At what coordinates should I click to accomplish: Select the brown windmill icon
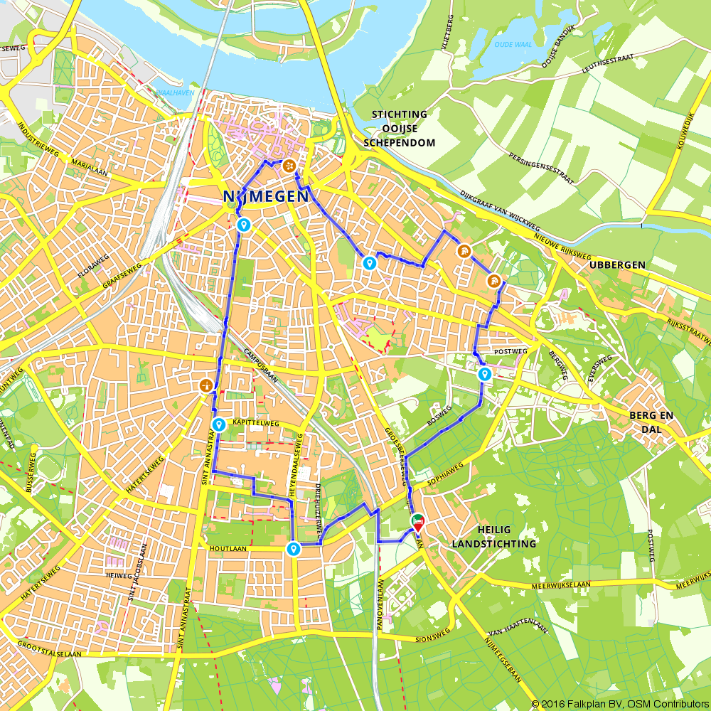coord(205,385)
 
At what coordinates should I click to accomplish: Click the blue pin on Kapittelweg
coord(219,425)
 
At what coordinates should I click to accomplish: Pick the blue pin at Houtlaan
coord(293,549)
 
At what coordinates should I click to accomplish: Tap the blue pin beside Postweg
coord(485,374)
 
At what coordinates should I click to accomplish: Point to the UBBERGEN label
coord(617,264)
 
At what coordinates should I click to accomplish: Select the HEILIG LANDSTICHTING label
coord(494,537)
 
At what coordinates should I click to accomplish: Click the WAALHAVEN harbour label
coord(171,92)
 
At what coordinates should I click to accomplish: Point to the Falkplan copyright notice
coord(619,704)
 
